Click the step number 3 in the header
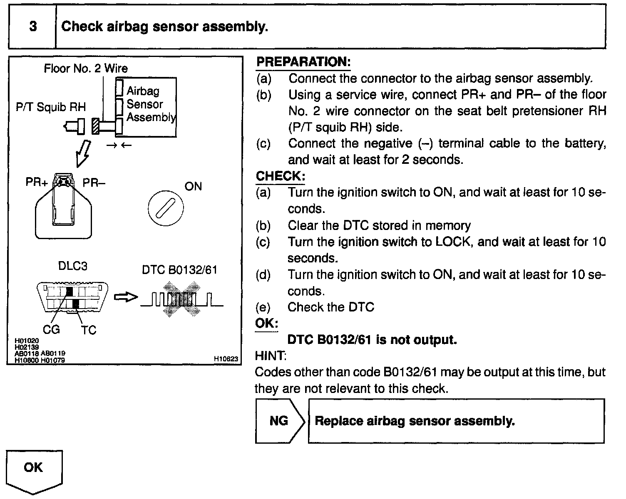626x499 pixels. coord(33,27)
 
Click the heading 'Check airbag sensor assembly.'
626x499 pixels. coord(164,27)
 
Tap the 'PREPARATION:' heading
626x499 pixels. coord(303,62)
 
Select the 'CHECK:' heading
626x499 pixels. coord(280,176)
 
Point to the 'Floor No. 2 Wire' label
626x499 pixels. coord(86,68)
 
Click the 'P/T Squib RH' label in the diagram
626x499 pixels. coord(51,107)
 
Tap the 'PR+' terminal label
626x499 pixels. coord(37,183)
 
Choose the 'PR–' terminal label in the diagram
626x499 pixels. coord(94,183)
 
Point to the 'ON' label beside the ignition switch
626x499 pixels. coord(193,186)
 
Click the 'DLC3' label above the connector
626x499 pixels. coord(72,266)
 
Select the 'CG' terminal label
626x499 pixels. coord(51,329)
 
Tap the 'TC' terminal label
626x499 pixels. coord(89,330)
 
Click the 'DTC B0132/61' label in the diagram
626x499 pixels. coord(179,270)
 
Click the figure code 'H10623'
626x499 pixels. coord(226,359)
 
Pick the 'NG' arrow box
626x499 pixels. coord(279,421)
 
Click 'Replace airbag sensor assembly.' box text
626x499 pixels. coord(415,421)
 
